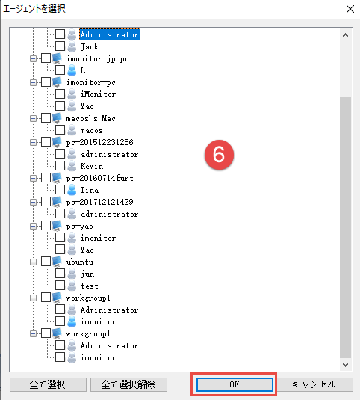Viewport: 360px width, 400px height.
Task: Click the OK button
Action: (234, 384)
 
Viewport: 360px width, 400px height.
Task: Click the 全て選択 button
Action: (48, 384)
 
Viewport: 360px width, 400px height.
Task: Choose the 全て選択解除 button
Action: (128, 384)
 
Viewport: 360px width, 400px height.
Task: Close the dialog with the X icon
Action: (350, 9)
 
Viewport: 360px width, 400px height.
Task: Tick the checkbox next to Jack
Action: (60, 46)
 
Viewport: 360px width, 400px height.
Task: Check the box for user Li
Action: (60, 70)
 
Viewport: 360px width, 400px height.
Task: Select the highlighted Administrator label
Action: (110, 34)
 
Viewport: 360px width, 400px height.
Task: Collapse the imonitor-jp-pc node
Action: (33, 58)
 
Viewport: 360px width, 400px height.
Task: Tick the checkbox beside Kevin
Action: (60, 165)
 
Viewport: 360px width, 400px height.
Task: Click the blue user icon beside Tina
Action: (72, 190)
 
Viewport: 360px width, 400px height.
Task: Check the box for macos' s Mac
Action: (46, 118)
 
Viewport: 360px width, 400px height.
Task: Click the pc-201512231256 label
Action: (99, 142)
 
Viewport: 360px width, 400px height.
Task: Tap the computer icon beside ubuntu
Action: (57, 262)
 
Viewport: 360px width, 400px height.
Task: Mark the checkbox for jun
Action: (60, 273)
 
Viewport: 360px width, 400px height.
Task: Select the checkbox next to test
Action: (60, 285)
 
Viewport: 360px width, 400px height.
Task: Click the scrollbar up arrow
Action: (345, 35)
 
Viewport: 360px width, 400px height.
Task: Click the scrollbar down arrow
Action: (345, 365)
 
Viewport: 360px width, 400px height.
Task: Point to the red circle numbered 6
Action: (219, 155)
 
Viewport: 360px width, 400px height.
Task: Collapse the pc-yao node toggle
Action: (33, 226)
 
